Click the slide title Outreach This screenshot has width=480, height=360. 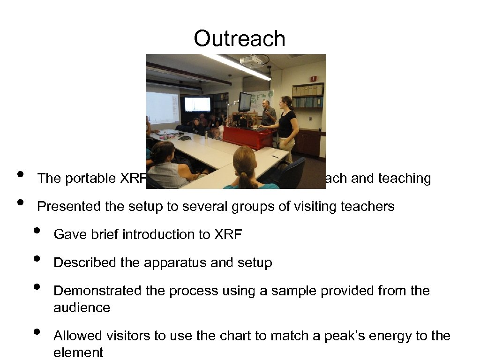(240, 38)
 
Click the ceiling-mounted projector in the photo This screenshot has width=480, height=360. (252, 61)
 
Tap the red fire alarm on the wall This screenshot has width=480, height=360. (313, 79)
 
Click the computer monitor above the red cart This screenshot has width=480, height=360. (245, 101)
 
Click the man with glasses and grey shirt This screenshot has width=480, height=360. (268, 112)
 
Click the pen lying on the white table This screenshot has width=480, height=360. (275, 157)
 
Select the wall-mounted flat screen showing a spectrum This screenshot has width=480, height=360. (197, 104)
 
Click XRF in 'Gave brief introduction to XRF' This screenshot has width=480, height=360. (228, 235)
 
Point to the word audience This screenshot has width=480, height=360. (82, 308)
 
